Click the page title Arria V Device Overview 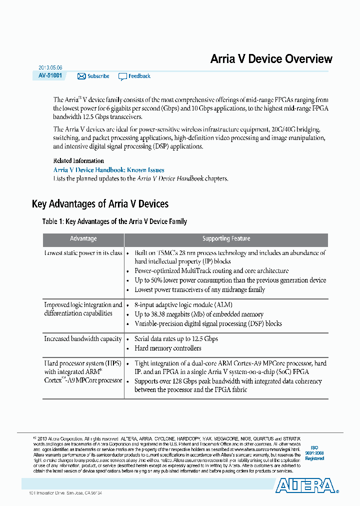click(271, 59)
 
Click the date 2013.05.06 click(50, 67)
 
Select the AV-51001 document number click(50, 75)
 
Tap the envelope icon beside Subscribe click(81, 76)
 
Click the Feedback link click(139, 76)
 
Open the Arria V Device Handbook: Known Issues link click(108, 170)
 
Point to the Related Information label click(78, 161)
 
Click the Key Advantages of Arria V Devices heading click(100, 204)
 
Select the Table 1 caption click(114, 221)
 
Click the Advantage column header click(83, 239)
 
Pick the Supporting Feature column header click(226, 239)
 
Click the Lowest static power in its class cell click(83, 253)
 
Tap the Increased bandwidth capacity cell click(83, 339)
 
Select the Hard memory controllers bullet click(168, 348)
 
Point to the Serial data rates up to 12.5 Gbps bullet click(176, 339)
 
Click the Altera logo click(305, 485)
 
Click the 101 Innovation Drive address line click(69, 493)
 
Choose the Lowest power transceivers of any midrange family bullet click(199, 290)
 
